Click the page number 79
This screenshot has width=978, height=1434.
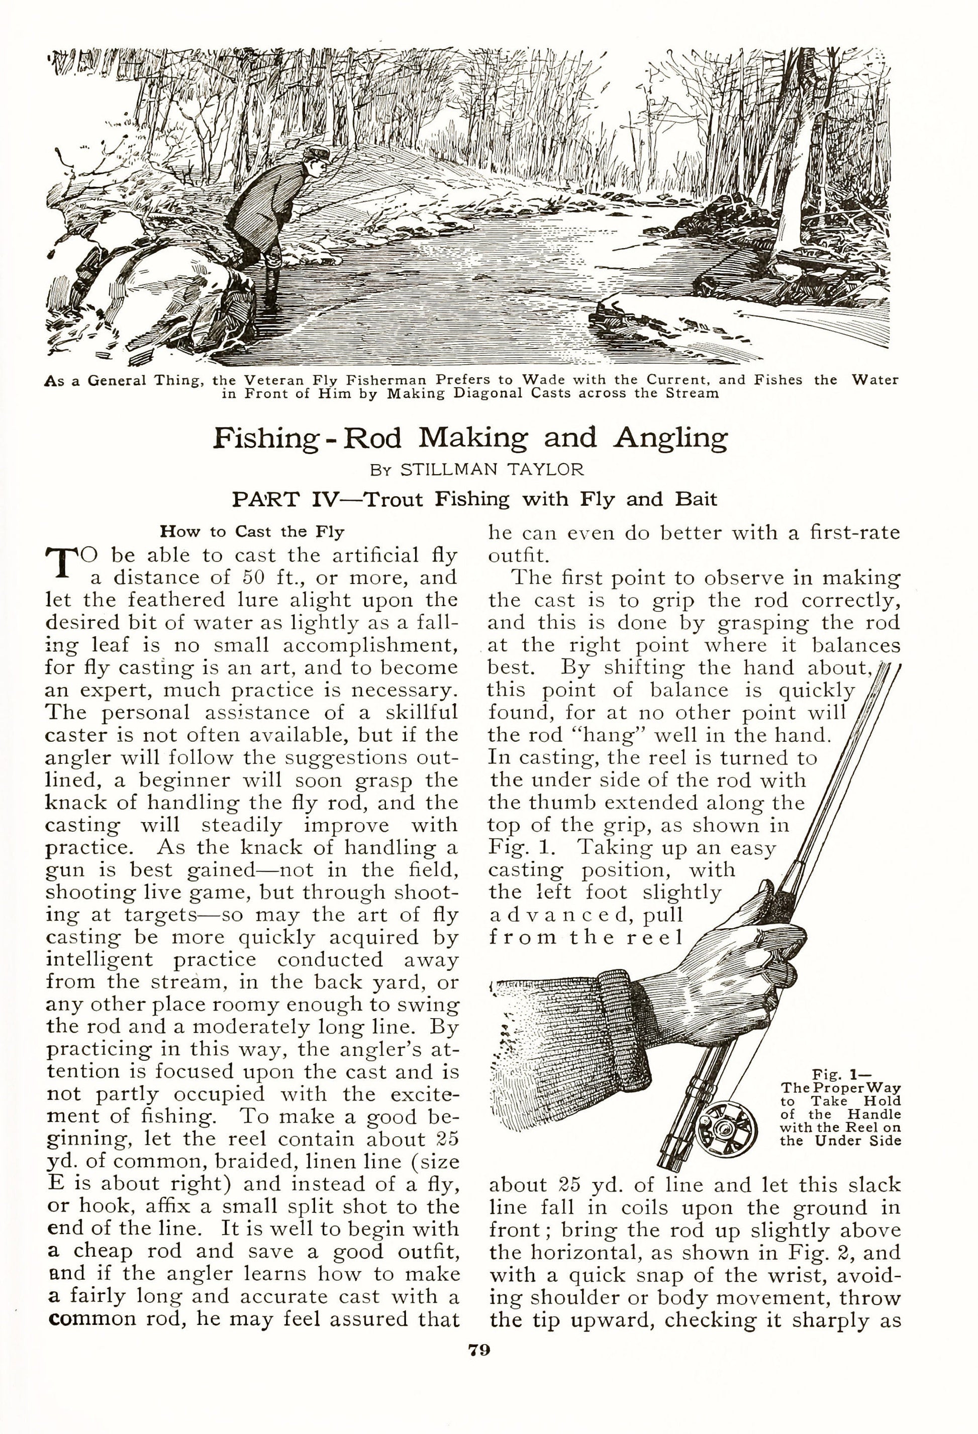click(479, 1350)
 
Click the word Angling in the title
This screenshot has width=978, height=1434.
click(670, 437)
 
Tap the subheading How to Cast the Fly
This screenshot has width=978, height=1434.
click(252, 531)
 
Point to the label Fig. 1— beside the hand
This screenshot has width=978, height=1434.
click(841, 1073)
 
